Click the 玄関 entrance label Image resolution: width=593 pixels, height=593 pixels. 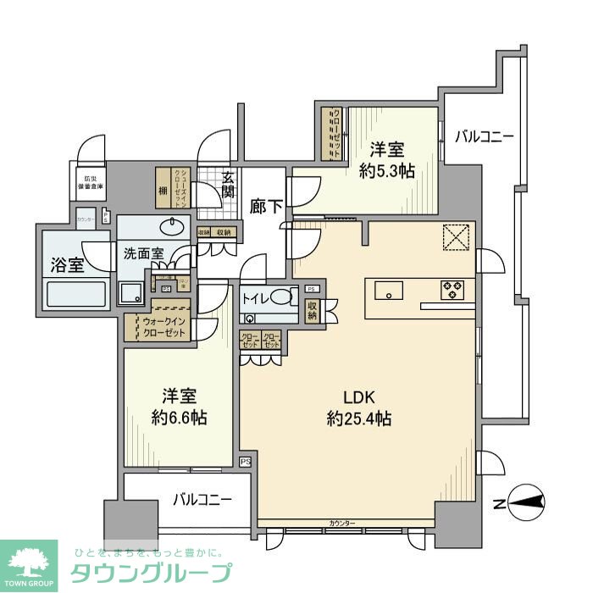(x=229, y=185)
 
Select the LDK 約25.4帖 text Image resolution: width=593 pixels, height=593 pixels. (x=359, y=407)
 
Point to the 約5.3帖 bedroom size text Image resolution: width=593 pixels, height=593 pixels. (x=386, y=170)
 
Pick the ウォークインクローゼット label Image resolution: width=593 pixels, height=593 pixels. (x=160, y=328)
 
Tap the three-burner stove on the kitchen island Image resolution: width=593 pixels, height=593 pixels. (x=452, y=290)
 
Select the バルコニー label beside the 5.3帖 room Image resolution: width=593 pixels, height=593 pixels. (x=483, y=136)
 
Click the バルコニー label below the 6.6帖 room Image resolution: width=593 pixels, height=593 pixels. (x=203, y=500)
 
